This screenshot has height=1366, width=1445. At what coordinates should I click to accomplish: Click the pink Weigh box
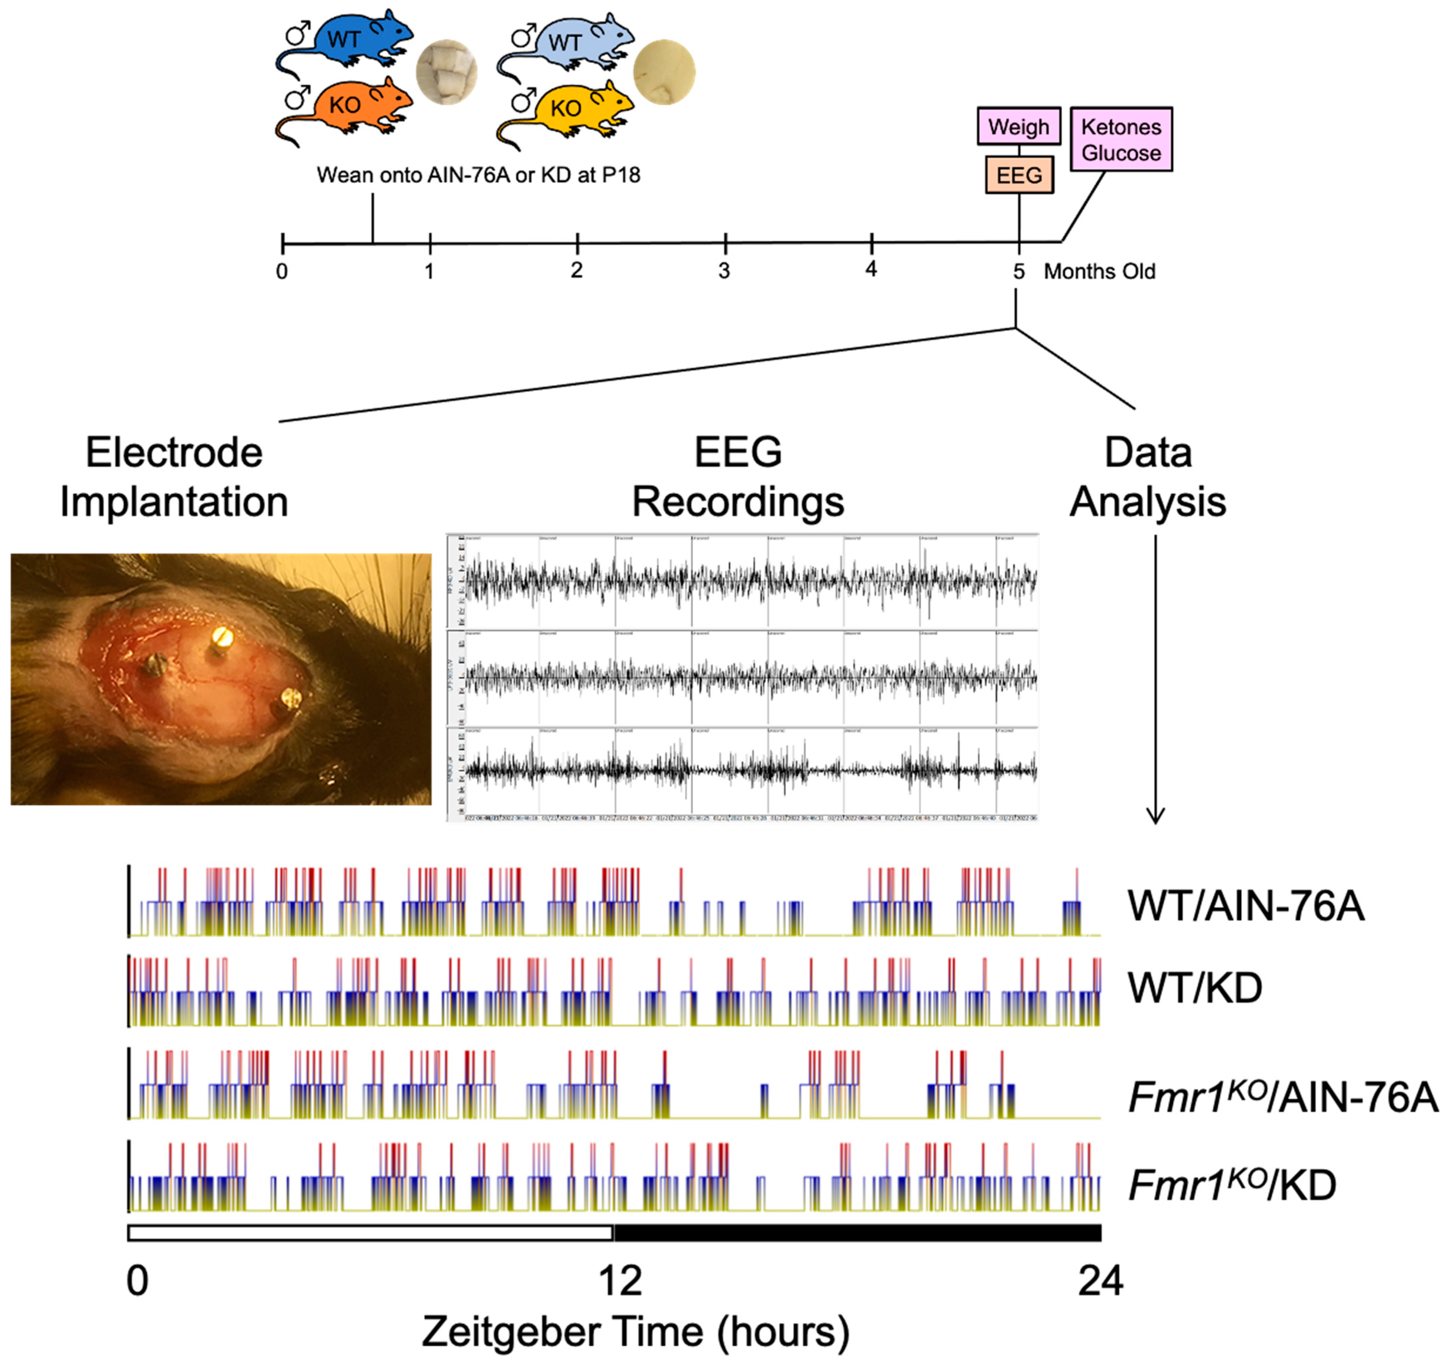[1018, 127]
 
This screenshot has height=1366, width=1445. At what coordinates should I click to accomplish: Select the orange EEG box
[1018, 175]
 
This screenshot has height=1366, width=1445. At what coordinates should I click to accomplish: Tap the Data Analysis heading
[1148, 477]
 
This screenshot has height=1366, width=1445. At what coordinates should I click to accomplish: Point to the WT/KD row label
[1194, 988]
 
